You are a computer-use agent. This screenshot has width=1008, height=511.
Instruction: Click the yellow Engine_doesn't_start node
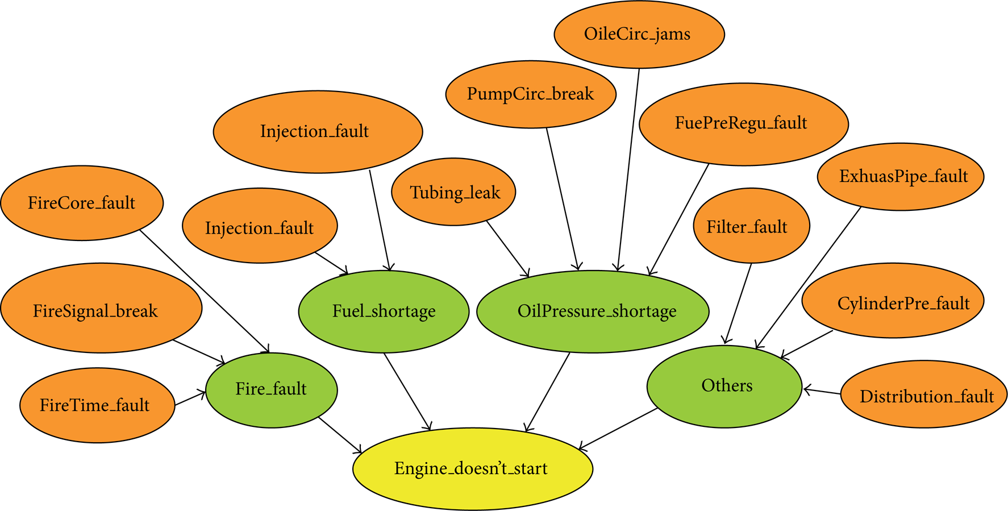pyautogui.click(x=473, y=468)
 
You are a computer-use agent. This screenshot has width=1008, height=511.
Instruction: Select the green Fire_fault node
pyautogui.click(x=272, y=389)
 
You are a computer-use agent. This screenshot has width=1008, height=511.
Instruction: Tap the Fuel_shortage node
pyautogui.click(x=384, y=311)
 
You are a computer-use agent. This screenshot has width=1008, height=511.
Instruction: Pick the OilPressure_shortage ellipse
pyautogui.click(x=593, y=311)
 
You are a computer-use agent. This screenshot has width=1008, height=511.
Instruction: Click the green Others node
pyautogui.click(x=724, y=386)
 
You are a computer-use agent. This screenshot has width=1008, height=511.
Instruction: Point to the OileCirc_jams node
pyautogui.click(x=639, y=34)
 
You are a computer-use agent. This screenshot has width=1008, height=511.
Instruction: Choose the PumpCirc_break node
pyautogui.click(x=531, y=94)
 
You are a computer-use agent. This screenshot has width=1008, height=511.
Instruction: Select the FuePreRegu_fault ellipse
pyautogui.click(x=744, y=123)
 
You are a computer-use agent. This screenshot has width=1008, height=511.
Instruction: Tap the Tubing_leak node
pyautogui.click(x=454, y=192)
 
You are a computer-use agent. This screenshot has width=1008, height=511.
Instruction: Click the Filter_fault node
pyautogui.click(x=751, y=226)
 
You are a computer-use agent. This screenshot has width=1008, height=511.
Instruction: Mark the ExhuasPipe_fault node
pyautogui.click(x=901, y=176)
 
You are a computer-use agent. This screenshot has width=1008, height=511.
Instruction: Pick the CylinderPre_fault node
pyautogui.click(x=893, y=300)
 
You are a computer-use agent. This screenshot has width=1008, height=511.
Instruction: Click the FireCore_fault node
pyautogui.click(x=82, y=203)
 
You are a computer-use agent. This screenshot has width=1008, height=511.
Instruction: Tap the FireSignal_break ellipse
pyautogui.click(x=101, y=308)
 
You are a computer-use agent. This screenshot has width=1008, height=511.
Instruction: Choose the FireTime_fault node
pyautogui.click(x=97, y=405)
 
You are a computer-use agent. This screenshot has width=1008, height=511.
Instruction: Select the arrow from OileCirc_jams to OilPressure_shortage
pyautogui.click(x=628, y=170)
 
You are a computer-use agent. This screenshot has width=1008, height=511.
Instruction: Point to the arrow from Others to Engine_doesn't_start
pyautogui.click(x=618, y=429)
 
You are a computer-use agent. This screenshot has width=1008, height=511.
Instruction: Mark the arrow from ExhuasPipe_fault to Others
pyautogui.click(x=808, y=278)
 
